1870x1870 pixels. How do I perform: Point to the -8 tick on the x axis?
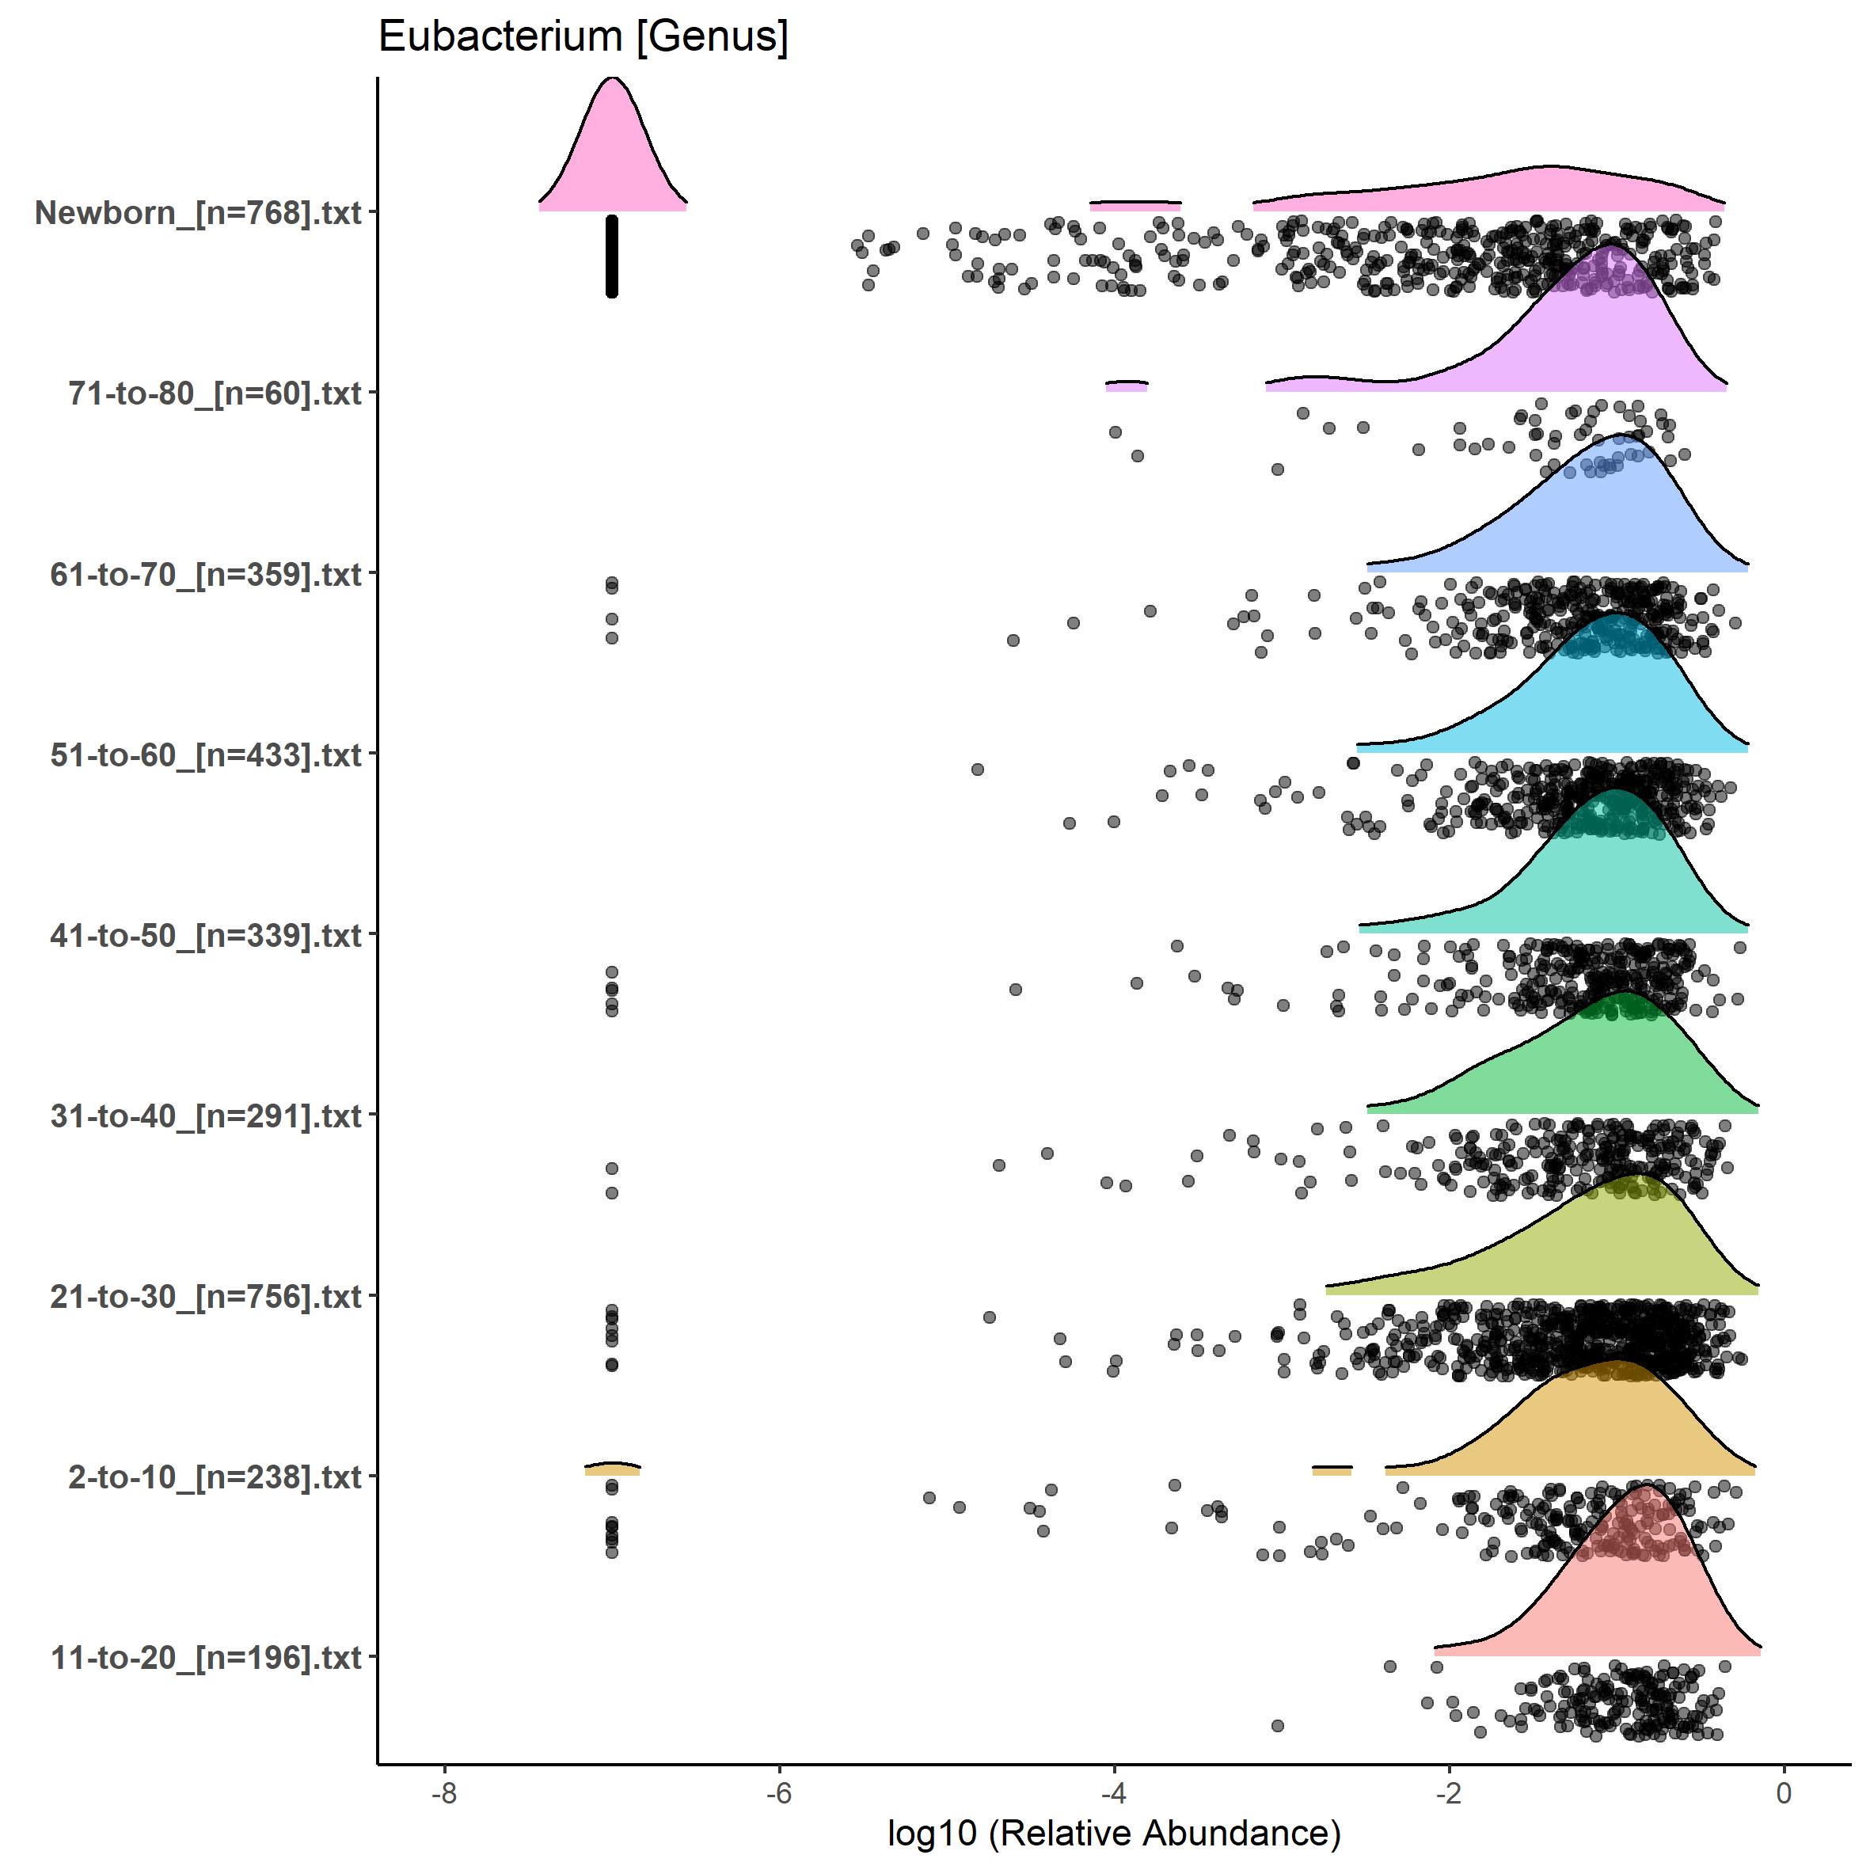pos(444,1792)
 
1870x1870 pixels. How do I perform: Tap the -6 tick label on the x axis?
pos(779,1792)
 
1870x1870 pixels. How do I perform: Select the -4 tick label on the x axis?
pos(1114,1792)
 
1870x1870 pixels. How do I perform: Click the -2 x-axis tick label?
pos(1449,1792)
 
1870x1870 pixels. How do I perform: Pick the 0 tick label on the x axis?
pos(1784,1792)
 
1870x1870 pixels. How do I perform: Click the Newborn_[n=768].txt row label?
pos(199,213)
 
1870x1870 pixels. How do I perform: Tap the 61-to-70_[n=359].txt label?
pos(206,575)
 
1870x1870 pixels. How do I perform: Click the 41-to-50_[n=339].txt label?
pos(206,936)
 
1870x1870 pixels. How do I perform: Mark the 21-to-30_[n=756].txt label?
pos(206,1297)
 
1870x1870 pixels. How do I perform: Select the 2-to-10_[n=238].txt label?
pos(215,1478)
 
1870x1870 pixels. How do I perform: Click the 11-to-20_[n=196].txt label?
pos(206,1658)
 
